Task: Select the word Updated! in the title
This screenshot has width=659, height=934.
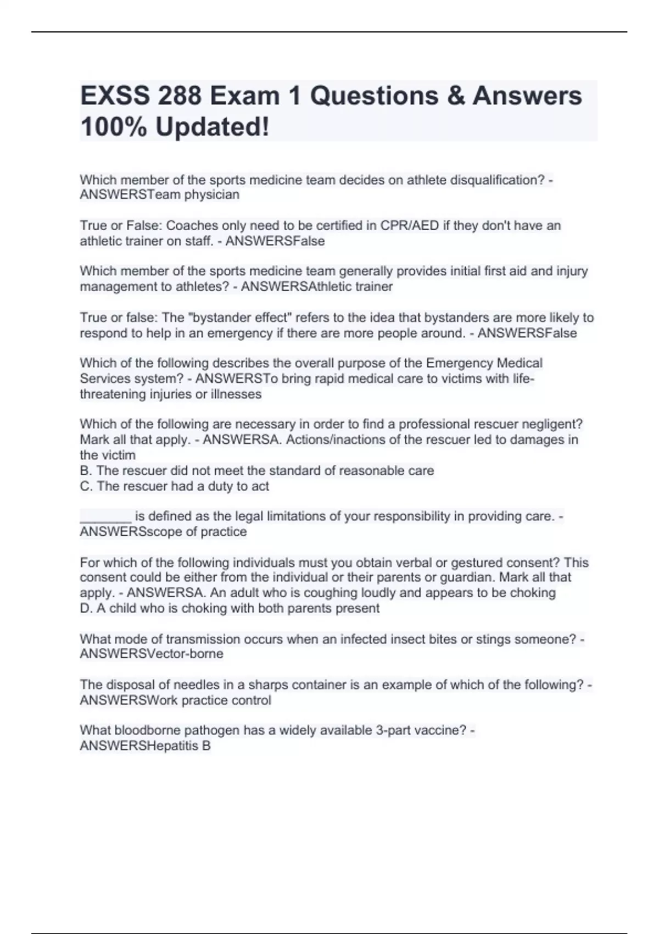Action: point(212,127)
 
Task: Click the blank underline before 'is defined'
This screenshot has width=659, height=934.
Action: point(105,516)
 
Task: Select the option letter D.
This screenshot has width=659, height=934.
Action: point(85,608)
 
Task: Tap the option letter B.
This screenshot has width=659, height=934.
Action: point(85,471)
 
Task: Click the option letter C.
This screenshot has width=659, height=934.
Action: point(85,486)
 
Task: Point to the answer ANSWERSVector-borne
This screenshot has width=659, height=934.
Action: point(152,654)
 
